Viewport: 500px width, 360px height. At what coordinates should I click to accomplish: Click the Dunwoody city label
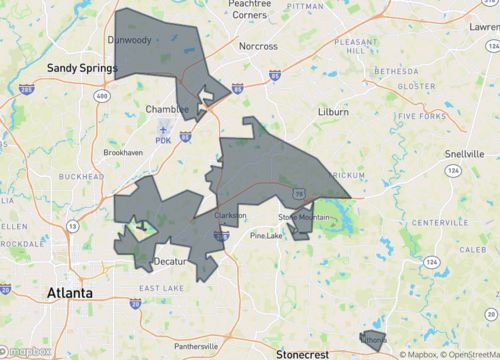(129, 41)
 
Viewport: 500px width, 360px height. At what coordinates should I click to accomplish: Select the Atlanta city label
(70, 292)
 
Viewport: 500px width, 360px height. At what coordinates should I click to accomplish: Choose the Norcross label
(257, 46)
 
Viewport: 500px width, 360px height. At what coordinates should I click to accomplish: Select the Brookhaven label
(128, 153)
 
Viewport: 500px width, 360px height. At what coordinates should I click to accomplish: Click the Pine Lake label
(266, 236)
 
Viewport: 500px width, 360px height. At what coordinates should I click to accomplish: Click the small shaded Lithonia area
(372, 340)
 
